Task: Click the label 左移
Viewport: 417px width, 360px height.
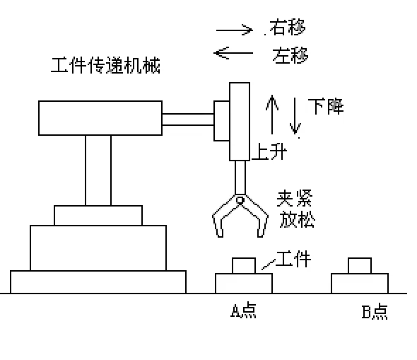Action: [x=289, y=53]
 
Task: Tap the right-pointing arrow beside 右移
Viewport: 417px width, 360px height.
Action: [x=234, y=30]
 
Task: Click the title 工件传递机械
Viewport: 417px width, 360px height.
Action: [x=106, y=67]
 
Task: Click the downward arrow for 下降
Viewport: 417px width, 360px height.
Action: [x=296, y=117]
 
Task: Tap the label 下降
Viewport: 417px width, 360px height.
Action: [x=325, y=107]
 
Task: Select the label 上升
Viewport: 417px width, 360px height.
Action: [x=269, y=151]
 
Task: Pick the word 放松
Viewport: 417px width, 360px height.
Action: [x=298, y=219]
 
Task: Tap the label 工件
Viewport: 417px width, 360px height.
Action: [x=293, y=260]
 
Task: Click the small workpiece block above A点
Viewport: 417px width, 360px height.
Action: [x=244, y=266]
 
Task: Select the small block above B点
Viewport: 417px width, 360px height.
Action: [x=360, y=266]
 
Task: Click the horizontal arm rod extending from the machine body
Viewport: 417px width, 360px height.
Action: [x=189, y=118]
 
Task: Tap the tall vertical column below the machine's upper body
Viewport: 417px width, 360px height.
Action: [x=98, y=170]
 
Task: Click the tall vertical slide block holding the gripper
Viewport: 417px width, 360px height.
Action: [x=240, y=121]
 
